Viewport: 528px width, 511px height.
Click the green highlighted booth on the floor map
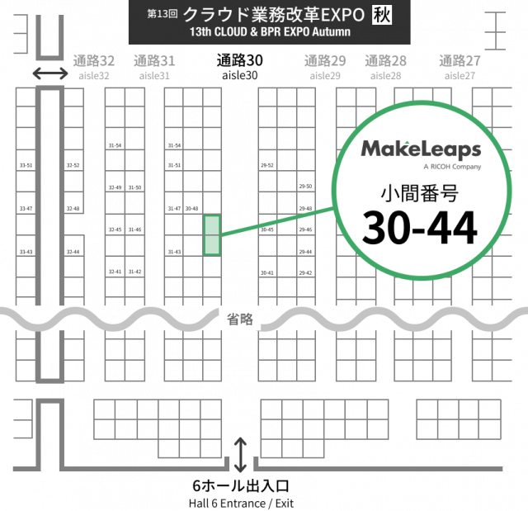tap(212, 234)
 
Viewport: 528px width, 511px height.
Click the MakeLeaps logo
tap(421, 149)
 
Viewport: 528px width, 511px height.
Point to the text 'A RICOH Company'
tap(450, 167)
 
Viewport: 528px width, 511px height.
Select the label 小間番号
tap(419, 194)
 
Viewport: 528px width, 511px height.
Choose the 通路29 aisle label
tap(324, 60)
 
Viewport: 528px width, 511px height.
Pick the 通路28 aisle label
tap(385, 60)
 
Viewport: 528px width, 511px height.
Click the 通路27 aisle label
tap(460, 60)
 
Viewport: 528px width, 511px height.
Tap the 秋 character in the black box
tap(382, 14)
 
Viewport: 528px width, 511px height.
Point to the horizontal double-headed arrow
tap(50, 73)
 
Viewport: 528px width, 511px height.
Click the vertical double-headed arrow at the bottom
tap(240, 455)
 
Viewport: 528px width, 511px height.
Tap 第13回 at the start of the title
tap(163, 15)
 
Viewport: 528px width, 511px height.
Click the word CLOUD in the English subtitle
tap(230, 32)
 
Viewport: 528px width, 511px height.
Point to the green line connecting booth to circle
tap(276, 222)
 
